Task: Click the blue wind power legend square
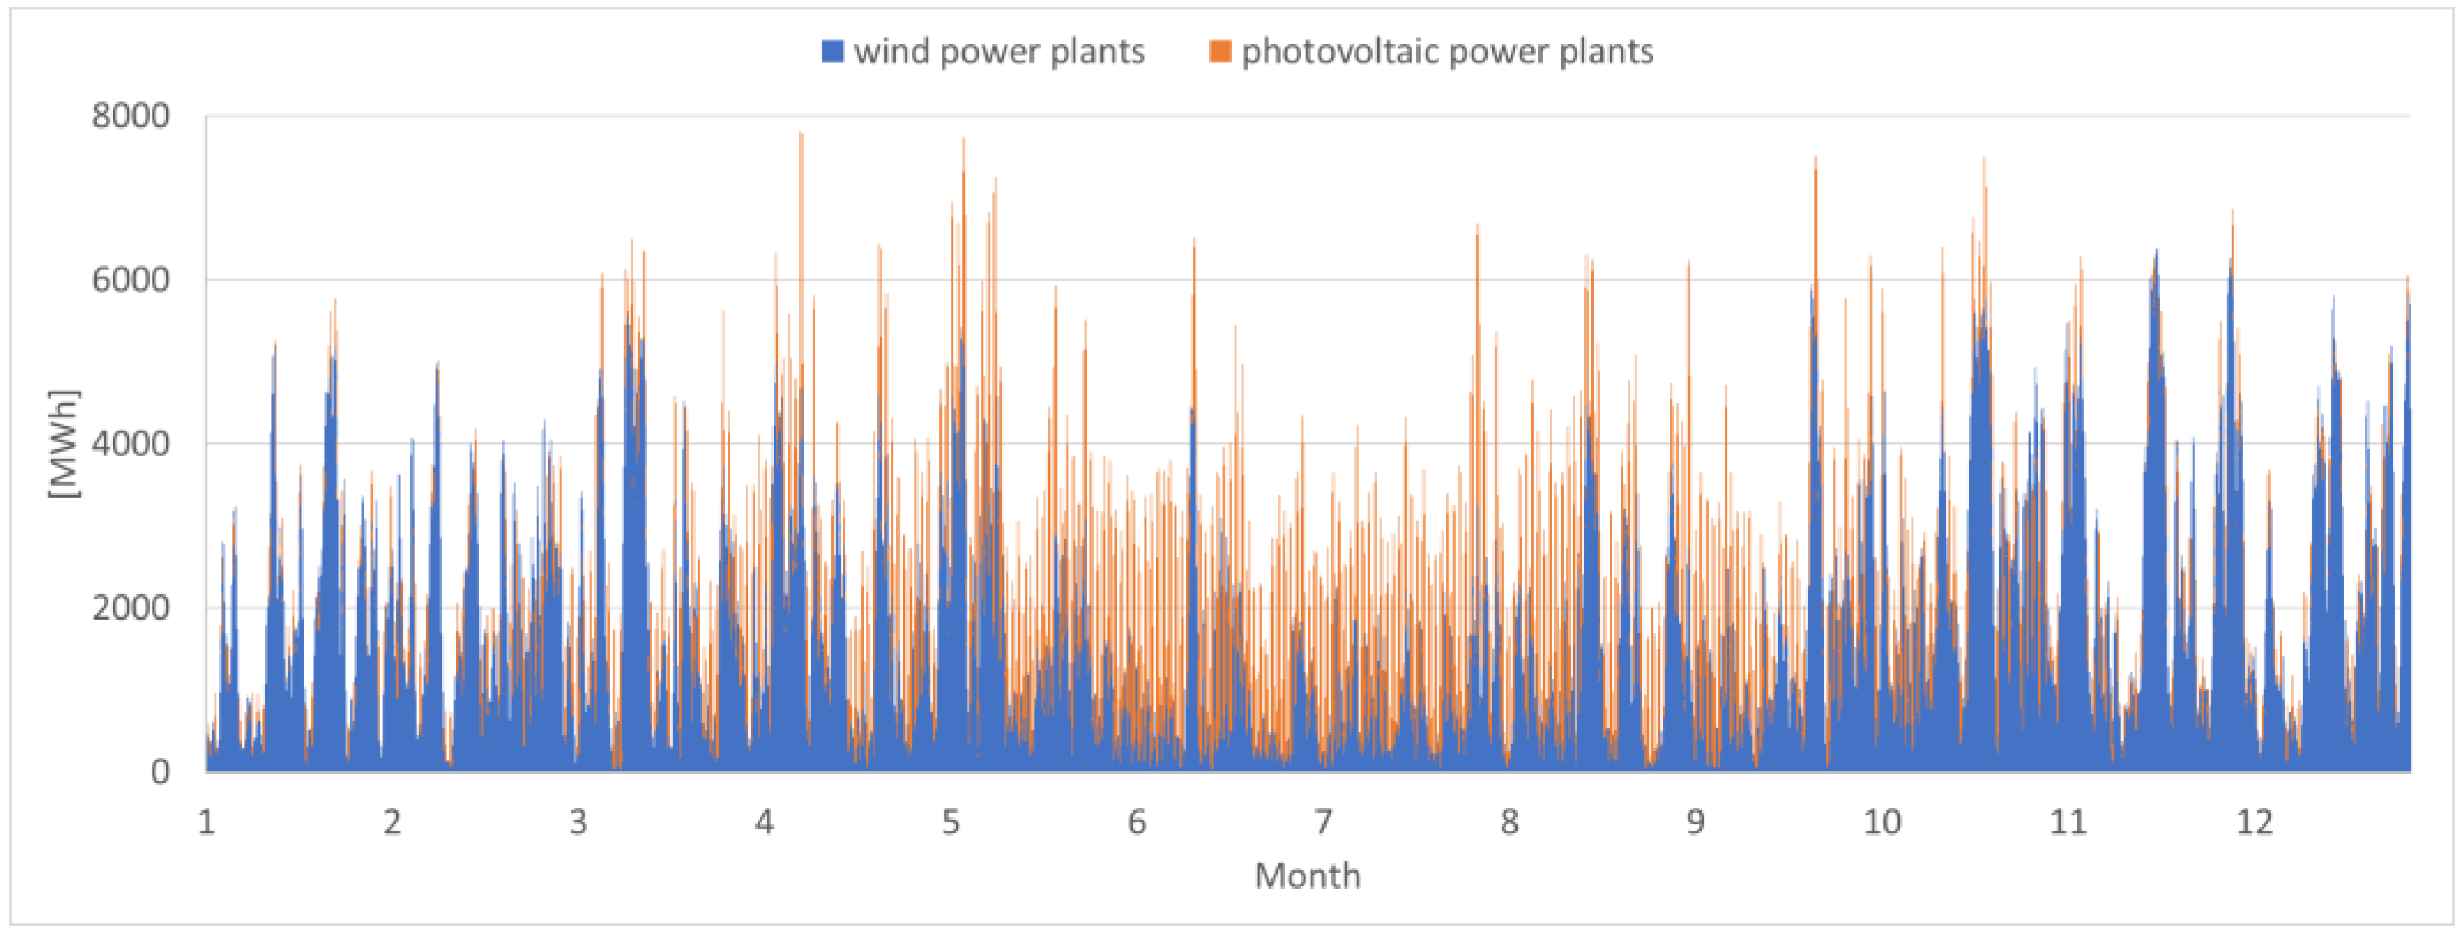832,51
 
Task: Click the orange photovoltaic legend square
1219,51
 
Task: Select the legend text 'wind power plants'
998,51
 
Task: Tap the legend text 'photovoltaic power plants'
1446,51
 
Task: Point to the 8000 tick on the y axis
131,117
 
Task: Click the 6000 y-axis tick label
131,280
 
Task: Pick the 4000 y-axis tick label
131,444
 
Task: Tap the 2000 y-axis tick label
131,607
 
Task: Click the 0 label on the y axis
160,771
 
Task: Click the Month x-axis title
1307,876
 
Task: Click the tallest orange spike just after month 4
801,135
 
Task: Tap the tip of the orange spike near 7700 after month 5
963,140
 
